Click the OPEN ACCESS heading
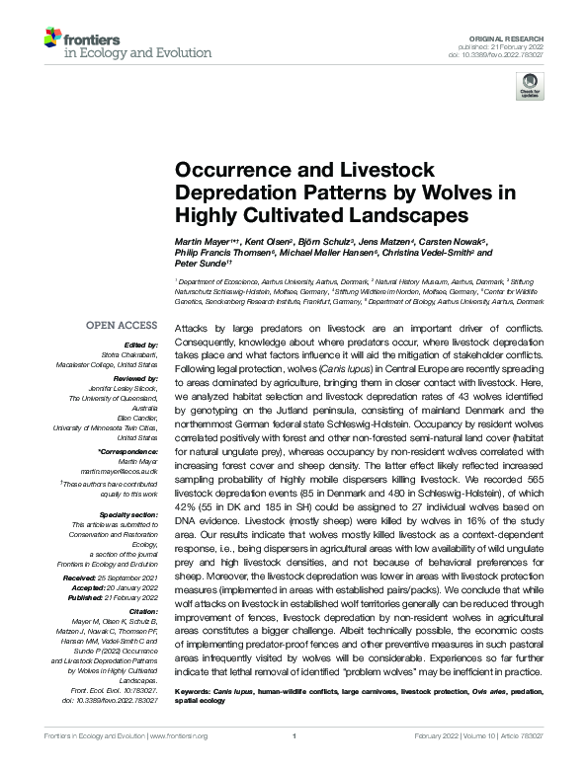pos(121,325)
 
